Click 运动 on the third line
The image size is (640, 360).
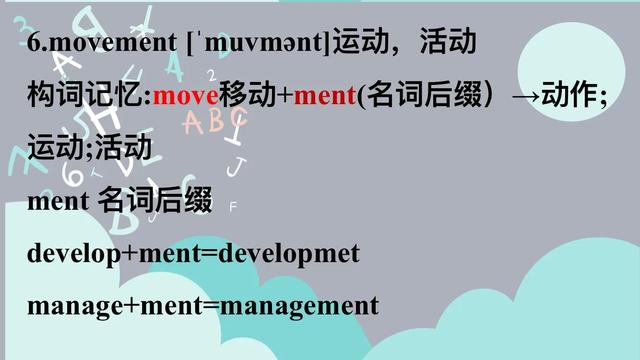point(56,149)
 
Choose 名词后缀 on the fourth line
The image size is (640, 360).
point(155,202)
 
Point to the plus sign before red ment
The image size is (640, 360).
point(285,97)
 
